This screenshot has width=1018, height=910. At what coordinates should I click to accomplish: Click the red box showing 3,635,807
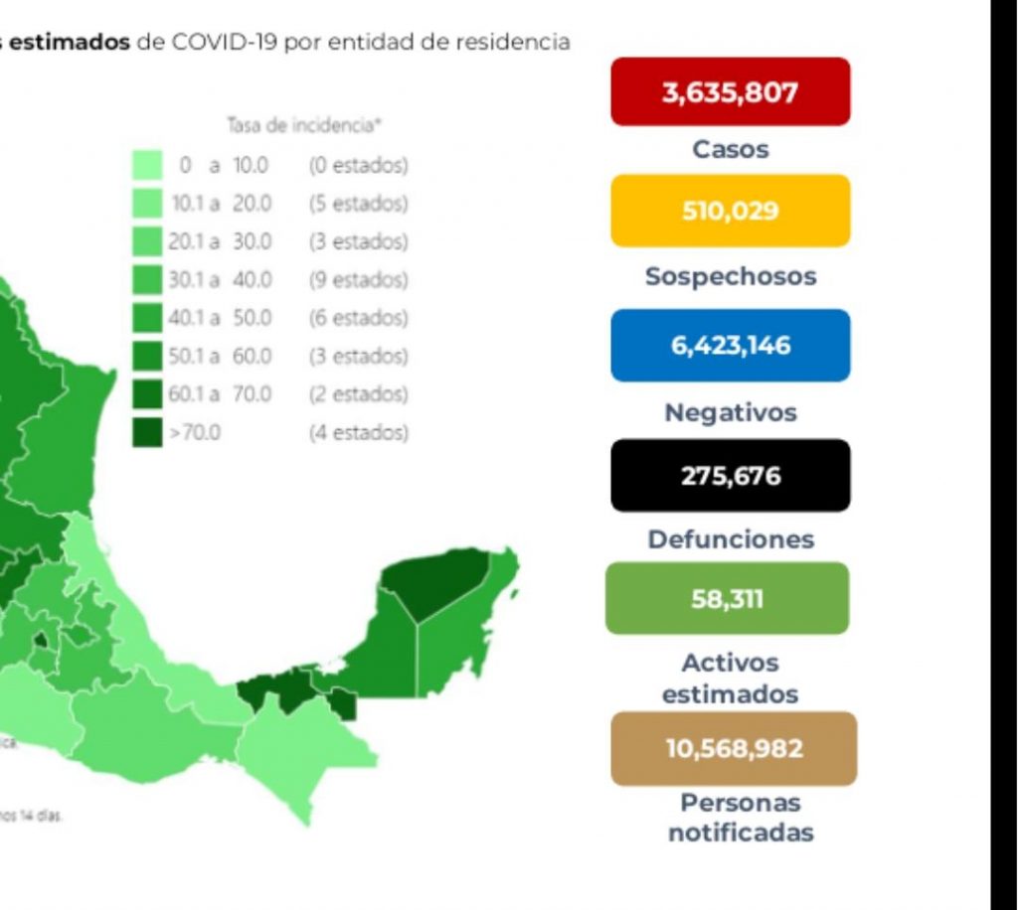730,92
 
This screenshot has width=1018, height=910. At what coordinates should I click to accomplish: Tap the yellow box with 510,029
730,211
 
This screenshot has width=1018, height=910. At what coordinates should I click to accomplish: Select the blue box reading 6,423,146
730,345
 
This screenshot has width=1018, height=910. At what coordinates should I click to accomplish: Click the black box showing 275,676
730,476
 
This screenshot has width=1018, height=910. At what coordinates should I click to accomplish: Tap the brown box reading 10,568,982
734,748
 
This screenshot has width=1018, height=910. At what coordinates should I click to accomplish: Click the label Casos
730,150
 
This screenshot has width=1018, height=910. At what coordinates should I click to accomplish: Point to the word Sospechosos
730,276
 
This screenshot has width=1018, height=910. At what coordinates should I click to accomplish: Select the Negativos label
730,412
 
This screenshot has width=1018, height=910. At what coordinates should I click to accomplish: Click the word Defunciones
730,539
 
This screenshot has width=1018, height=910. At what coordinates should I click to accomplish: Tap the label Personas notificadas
740,818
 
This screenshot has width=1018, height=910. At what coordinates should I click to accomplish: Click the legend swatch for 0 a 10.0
147,165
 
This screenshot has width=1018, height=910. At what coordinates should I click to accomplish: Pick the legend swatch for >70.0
147,432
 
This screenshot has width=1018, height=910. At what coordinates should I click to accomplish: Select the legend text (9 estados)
358,280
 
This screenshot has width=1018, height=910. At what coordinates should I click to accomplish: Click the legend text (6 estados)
358,318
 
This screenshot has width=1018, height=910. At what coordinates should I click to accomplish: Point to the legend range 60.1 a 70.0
220,394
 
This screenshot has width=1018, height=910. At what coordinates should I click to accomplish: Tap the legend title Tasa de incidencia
305,125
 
